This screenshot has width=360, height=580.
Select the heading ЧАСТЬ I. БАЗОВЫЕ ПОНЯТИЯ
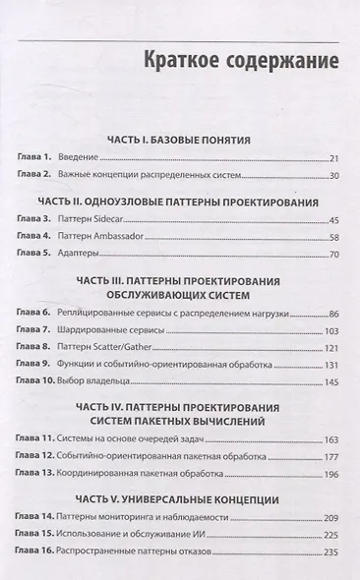[180, 140]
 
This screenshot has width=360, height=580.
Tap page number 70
[332, 255]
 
